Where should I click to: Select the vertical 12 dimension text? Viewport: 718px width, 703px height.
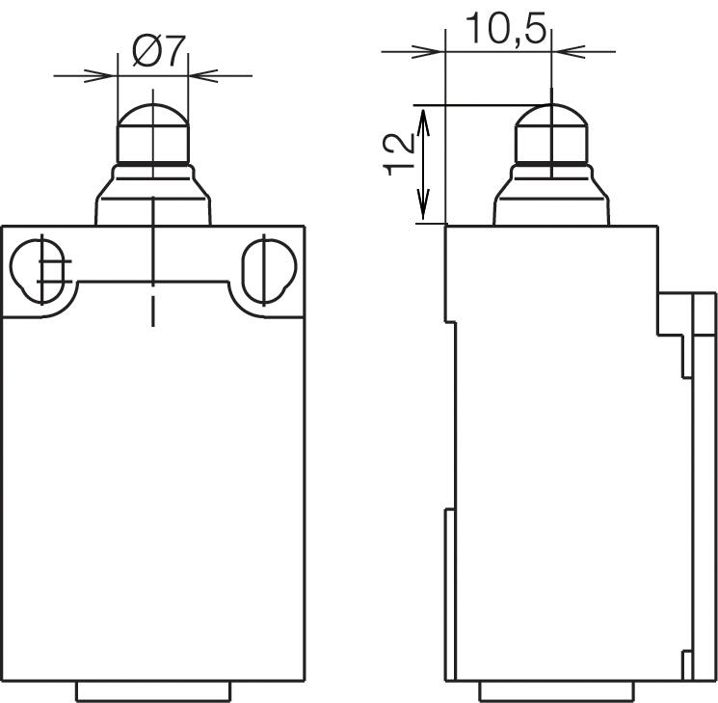pos(400,155)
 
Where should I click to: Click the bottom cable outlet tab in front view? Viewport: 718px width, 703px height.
pos(152,690)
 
